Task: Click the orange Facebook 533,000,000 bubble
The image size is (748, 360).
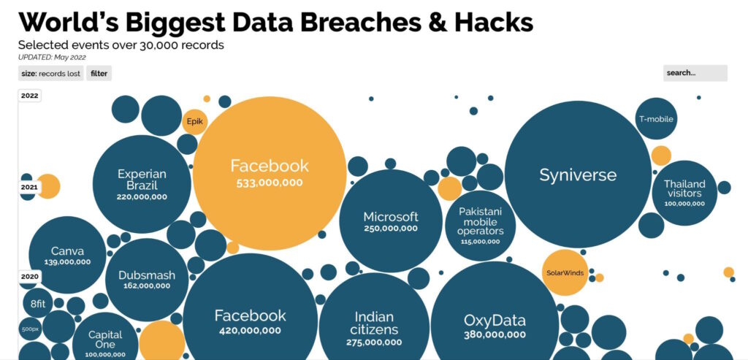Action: pos(270,174)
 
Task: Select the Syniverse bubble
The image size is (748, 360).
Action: pos(578,175)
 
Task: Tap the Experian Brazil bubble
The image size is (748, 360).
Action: pos(142,184)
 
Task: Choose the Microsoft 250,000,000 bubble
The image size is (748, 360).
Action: pos(391,221)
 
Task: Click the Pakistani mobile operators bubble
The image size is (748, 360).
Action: pos(481,226)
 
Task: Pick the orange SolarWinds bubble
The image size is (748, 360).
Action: pos(565,273)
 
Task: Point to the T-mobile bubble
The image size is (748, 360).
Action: pos(657,119)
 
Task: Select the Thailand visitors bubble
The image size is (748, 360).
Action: pos(684,193)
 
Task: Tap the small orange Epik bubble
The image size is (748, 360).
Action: pos(194,122)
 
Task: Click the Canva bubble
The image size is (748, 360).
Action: pos(67,255)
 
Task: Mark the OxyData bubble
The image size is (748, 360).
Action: pos(495,324)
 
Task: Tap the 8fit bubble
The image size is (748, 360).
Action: pos(38,303)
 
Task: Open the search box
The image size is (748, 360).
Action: pos(695,73)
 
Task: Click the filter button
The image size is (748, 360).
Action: pos(99,74)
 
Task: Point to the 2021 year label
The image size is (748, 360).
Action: pos(29,187)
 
